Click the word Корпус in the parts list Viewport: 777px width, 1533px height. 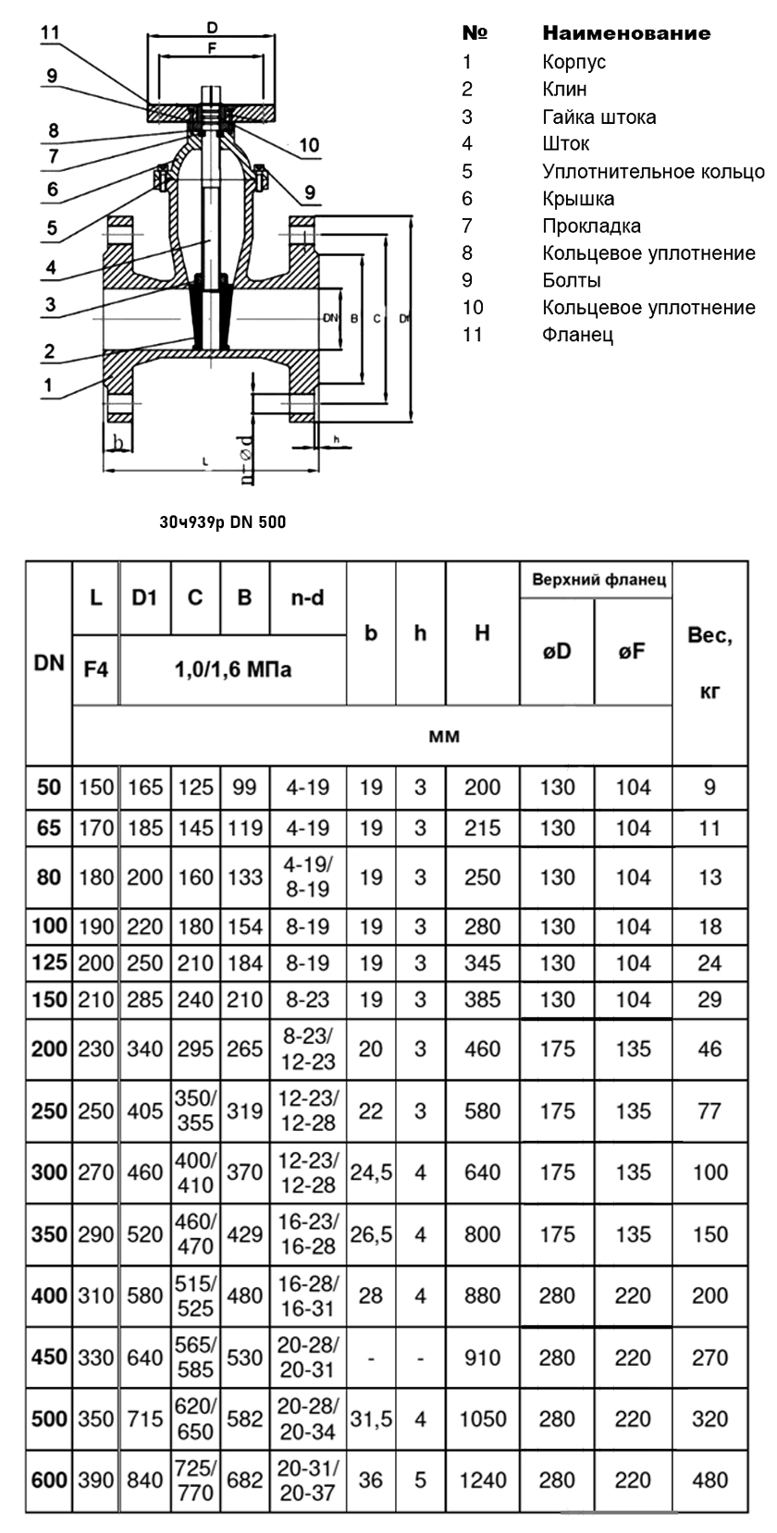pyautogui.click(x=573, y=62)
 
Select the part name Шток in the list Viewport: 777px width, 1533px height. pyautogui.click(x=565, y=143)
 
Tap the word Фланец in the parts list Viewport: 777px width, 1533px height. pyautogui.click(x=577, y=336)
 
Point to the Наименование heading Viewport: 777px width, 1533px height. pyautogui.click(x=626, y=33)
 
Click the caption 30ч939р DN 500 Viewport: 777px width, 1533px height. pyautogui.click(x=223, y=522)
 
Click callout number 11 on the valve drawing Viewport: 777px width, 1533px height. pyautogui.click(x=49, y=32)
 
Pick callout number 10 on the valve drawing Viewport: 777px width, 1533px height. pyautogui.click(x=310, y=145)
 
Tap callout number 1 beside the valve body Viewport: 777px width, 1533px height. pyautogui.click(x=48, y=386)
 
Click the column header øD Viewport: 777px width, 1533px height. pyautogui.click(x=557, y=652)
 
